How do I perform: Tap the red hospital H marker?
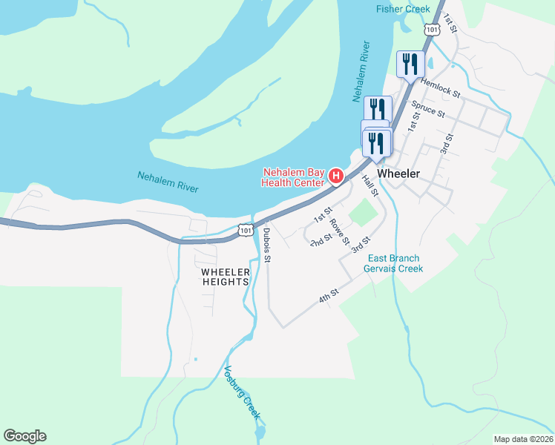[335, 177]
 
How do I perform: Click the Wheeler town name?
[398, 174]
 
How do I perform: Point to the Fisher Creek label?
[403, 9]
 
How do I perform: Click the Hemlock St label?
[441, 90]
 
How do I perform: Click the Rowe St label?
[339, 232]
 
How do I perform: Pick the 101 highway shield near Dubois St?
[245, 231]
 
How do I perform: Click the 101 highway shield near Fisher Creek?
[432, 29]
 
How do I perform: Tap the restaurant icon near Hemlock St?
[409, 63]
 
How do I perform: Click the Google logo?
[24, 436]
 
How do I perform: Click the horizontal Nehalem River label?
[168, 182]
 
